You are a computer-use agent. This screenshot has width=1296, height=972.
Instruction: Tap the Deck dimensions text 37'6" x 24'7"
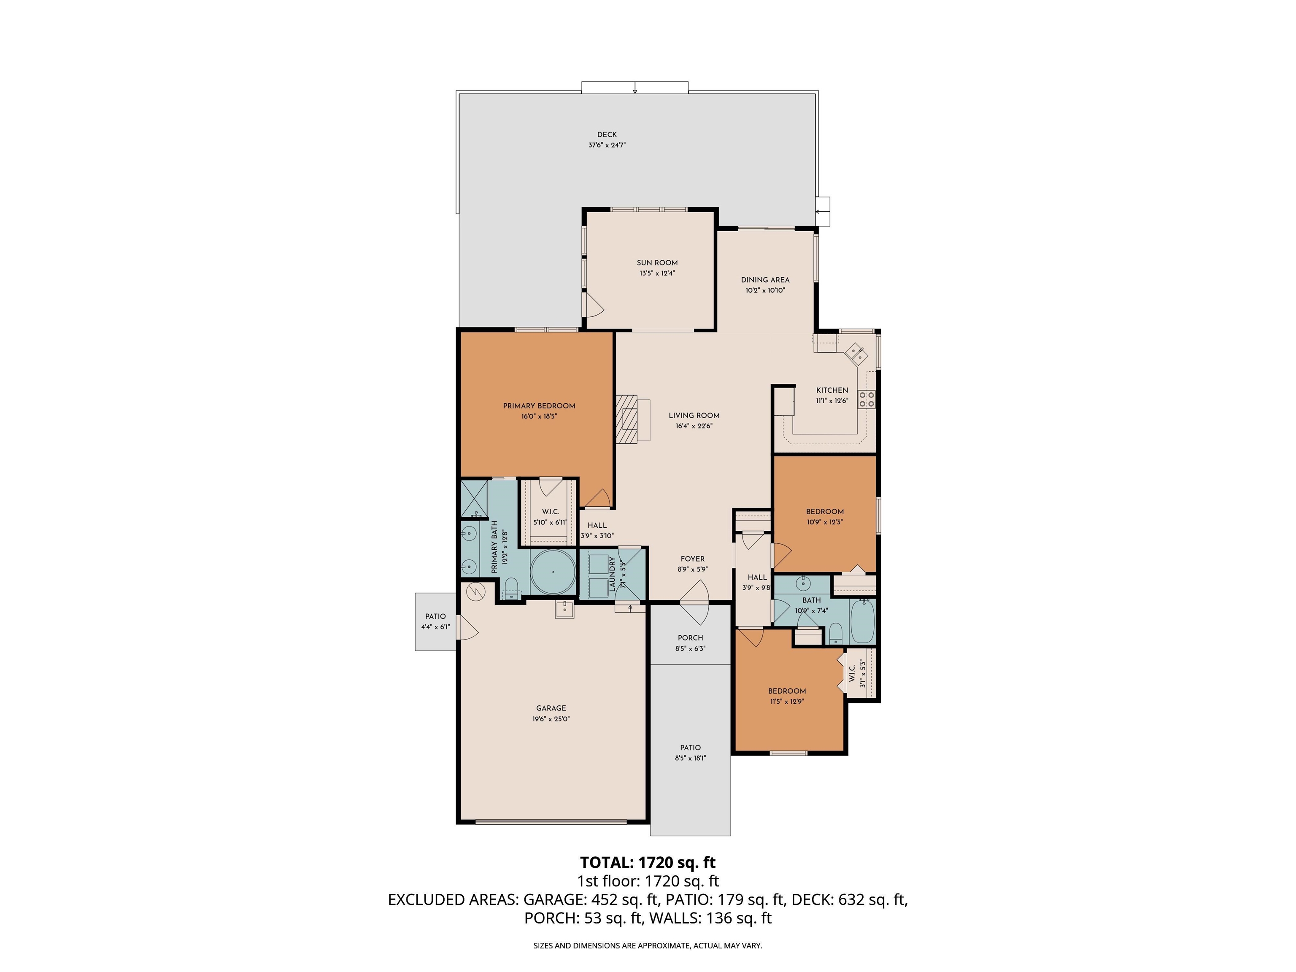[x=607, y=145]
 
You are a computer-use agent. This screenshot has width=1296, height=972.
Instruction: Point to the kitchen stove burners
[x=867, y=399]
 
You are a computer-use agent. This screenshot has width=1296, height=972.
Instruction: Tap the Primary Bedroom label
[x=539, y=406]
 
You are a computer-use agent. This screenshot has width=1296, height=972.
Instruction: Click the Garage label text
[x=551, y=708]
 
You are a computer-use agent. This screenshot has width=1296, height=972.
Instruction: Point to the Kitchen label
[x=832, y=390]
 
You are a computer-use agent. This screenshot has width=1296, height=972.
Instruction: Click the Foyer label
[x=693, y=559]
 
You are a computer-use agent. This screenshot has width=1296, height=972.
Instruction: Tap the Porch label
[x=690, y=638]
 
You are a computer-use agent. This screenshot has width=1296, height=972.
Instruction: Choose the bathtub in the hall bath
[x=861, y=621]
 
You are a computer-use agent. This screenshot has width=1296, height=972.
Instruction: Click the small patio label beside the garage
[x=435, y=616]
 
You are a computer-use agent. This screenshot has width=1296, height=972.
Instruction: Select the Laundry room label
[x=612, y=574]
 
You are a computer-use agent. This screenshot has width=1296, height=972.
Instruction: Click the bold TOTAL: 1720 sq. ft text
[x=648, y=862]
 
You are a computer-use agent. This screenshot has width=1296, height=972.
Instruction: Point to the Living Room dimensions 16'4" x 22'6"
[x=694, y=426]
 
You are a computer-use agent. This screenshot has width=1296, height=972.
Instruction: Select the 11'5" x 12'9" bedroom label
[x=787, y=701]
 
